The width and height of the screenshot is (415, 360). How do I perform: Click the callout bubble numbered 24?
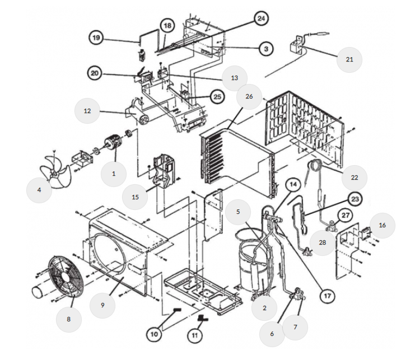point(261,18)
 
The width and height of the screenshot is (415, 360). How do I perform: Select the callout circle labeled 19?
point(96,38)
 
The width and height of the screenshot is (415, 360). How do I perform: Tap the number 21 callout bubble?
point(349,59)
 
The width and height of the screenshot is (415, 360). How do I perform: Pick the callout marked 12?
point(87,111)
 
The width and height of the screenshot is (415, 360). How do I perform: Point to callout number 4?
point(39,190)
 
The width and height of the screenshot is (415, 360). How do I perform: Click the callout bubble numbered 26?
point(249,96)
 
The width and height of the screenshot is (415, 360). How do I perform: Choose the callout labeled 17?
point(328,296)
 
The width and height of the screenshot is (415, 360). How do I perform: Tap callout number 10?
point(154,334)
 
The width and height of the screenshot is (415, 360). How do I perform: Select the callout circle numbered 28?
point(323,242)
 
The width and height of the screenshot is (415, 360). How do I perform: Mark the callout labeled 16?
point(383,225)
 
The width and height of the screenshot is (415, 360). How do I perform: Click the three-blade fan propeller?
point(55,171)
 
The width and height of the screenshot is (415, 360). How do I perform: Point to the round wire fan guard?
point(66,277)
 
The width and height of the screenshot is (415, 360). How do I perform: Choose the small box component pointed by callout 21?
point(296,47)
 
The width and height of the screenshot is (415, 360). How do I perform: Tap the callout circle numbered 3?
point(265,49)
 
